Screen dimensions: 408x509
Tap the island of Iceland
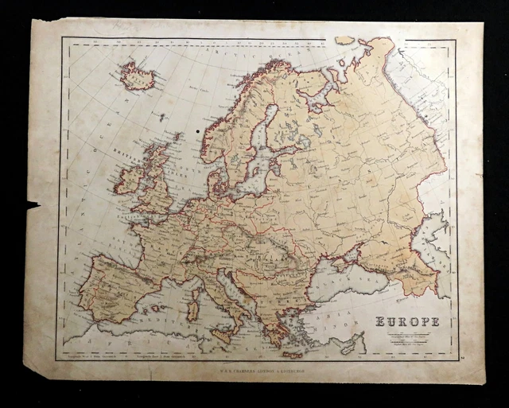coord(137,76)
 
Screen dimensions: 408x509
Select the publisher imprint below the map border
coord(255,370)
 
